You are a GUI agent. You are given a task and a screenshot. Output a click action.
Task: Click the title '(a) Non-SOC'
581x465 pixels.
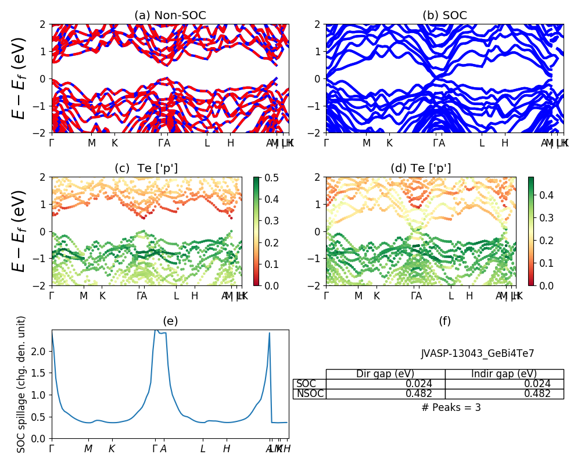point(170,16)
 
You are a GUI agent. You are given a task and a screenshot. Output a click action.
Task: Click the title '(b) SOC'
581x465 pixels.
point(444,16)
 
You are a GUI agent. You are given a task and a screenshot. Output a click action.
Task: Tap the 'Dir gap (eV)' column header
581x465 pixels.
point(385,374)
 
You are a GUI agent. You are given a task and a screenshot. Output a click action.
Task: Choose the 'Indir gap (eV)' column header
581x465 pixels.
point(504,374)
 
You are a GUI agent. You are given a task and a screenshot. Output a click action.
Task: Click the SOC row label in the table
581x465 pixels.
point(306,384)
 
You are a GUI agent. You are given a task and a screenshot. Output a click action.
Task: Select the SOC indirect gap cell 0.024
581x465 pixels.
point(537,384)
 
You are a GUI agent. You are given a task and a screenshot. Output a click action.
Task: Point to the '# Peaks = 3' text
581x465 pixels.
point(451,407)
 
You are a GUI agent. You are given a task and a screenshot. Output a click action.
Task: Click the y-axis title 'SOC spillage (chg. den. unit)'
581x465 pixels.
point(21,384)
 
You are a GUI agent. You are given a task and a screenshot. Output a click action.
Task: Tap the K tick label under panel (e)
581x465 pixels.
point(112,449)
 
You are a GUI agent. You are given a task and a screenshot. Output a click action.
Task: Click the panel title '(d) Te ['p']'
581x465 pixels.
point(421,169)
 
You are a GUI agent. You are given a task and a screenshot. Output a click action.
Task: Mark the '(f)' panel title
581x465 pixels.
point(444,321)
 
